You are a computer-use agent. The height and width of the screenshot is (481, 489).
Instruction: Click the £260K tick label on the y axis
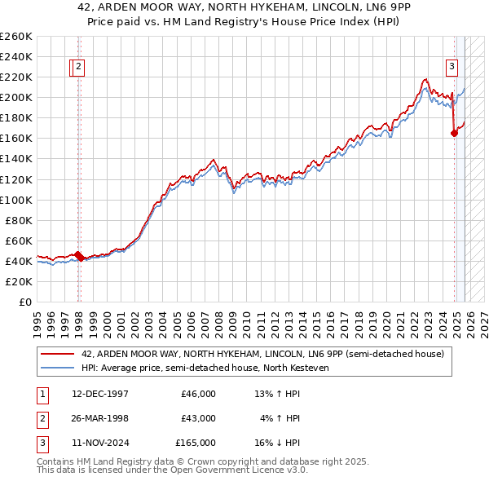click(15, 37)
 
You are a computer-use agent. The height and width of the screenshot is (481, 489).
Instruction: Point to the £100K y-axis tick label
click(15, 200)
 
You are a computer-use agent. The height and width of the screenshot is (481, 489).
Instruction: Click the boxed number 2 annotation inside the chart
click(78, 68)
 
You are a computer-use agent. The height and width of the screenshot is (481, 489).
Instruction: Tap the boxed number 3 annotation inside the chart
click(452, 68)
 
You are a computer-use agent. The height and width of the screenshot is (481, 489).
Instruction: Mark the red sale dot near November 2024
click(454, 134)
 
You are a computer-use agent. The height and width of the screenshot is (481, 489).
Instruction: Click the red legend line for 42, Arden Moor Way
click(58, 355)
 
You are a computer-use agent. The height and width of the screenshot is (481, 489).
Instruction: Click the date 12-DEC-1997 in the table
click(100, 394)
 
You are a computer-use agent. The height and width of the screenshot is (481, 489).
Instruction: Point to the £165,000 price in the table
click(196, 443)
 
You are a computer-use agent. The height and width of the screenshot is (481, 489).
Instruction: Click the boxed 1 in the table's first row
click(41, 394)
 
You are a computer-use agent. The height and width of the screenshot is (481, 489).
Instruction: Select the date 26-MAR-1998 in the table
click(100, 418)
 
